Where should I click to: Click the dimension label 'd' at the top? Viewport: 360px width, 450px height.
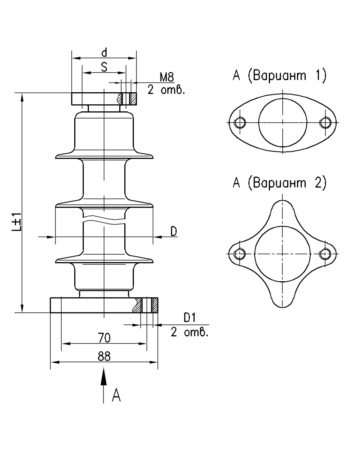coord(104,53)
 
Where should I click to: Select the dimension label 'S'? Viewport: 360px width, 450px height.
coord(104,67)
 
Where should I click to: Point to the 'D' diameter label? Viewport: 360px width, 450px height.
coord(174,232)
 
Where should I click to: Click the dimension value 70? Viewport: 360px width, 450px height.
coord(104,338)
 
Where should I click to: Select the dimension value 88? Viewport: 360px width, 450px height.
coord(104,357)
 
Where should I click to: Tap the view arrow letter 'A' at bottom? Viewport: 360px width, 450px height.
coord(117,395)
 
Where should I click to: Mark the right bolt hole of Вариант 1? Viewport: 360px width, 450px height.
coord(325,123)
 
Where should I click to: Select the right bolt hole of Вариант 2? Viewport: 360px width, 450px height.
coord(325,254)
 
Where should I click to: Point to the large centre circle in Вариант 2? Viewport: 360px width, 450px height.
coord(282,254)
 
